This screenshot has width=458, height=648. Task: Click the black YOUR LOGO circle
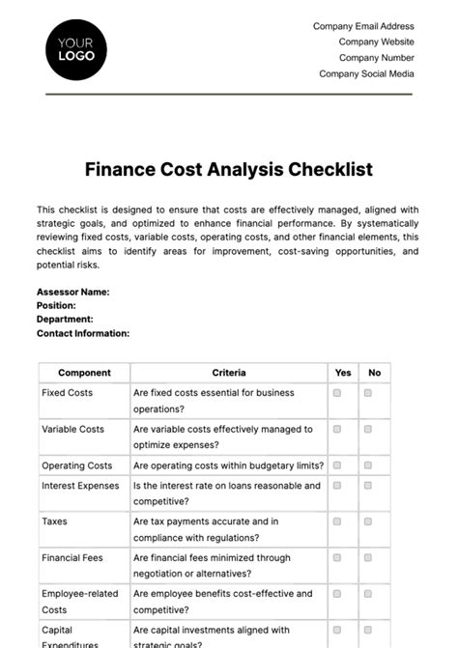click(76, 49)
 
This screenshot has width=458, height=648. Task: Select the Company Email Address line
click(363, 27)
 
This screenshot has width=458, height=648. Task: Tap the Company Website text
click(376, 42)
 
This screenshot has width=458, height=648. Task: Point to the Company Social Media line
click(366, 73)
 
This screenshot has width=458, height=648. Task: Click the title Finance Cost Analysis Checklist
click(229, 169)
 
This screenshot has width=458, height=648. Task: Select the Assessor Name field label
click(72, 291)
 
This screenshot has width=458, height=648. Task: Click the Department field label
click(65, 319)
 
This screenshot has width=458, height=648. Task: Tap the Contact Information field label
click(83, 333)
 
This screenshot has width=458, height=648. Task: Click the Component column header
click(84, 373)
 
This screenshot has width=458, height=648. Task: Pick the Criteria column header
click(229, 373)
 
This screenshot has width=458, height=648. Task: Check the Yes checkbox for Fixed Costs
click(337, 394)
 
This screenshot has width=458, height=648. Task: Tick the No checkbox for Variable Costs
click(368, 430)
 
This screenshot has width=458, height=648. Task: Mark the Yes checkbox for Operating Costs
click(337, 465)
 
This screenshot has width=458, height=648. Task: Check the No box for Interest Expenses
click(368, 486)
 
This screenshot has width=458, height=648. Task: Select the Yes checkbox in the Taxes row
click(337, 521)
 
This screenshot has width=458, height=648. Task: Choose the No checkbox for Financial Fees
click(368, 558)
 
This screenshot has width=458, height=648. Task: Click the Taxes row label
click(54, 521)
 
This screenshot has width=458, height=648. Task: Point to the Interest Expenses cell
click(80, 486)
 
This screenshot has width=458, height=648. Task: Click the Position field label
click(56, 305)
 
